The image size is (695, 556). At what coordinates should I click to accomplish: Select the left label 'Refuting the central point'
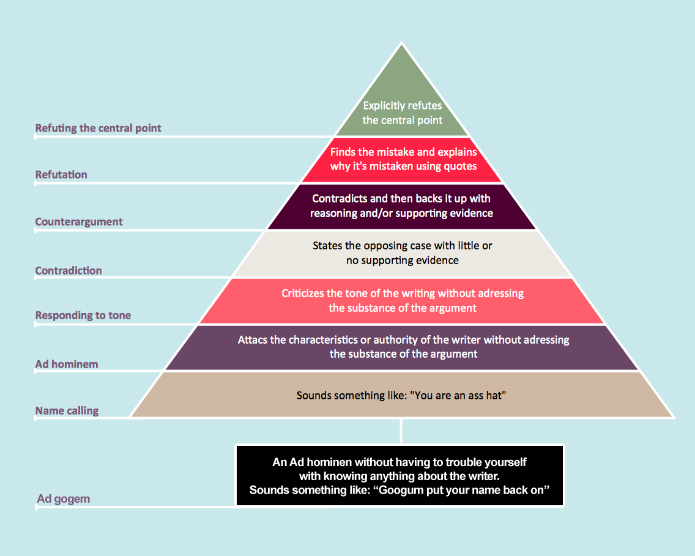pos(98,128)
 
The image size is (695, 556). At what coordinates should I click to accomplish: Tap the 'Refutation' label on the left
pos(61,175)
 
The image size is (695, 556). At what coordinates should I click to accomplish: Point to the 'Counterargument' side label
pos(79,222)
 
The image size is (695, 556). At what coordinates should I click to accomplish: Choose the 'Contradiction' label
pos(69,271)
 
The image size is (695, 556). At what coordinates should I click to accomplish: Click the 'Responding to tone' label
pos(83,316)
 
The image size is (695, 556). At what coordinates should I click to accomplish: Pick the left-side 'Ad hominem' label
pos(67,365)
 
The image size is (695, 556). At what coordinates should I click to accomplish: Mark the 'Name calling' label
pos(67,411)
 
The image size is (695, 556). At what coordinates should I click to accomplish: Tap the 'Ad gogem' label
pos(64,499)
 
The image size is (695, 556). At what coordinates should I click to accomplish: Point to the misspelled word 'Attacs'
pos(253,339)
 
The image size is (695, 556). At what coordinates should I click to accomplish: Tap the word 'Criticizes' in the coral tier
pos(303,294)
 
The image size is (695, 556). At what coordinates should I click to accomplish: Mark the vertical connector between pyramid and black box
pos(401,431)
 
